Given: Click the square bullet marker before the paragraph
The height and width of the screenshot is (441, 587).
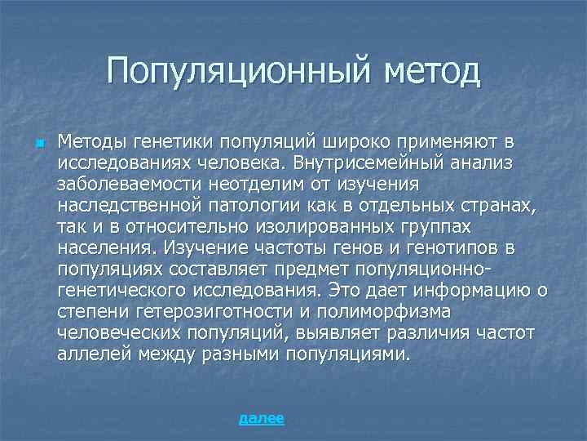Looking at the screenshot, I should point(38,143).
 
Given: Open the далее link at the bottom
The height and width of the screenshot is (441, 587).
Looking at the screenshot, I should point(261,419).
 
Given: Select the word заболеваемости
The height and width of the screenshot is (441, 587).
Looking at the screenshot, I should point(131,185).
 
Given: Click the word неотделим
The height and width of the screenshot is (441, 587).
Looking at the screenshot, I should point(263,185).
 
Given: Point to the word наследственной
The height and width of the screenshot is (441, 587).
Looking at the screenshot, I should point(130,206).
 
